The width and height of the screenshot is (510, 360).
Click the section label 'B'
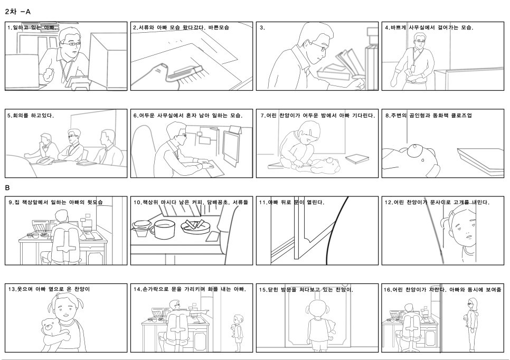(x=7, y=187)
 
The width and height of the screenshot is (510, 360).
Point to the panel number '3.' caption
(x=262, y=27)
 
